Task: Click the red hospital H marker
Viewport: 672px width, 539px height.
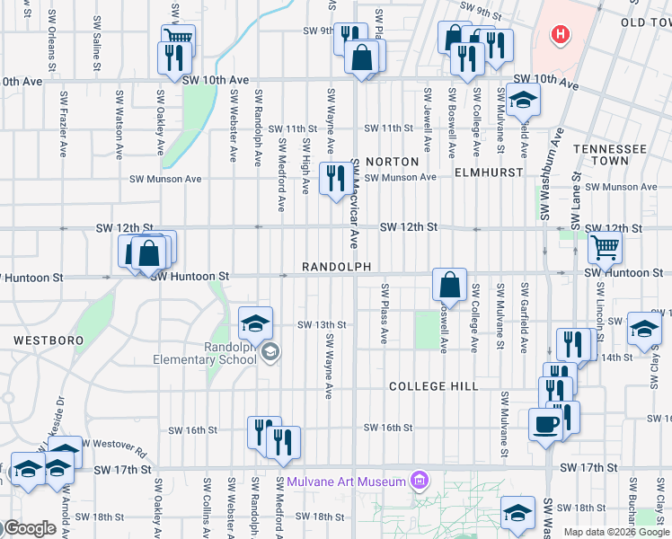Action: [x=561, y=35]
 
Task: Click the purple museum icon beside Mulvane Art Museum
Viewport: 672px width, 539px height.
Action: [x=418, y=482]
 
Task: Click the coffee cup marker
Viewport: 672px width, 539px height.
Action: [x=545, y=422]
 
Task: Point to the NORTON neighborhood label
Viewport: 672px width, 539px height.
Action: [x=393, y=162]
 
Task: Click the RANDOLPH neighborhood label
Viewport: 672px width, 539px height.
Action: [x=336, y=267]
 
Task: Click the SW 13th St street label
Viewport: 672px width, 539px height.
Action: [x=322, y=324]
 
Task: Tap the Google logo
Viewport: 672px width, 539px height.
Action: [x=29, y=528]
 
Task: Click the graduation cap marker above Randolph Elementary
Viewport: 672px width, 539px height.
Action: [x=255, y=322]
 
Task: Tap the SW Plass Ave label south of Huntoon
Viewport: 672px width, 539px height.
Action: [x=384, y=314]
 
